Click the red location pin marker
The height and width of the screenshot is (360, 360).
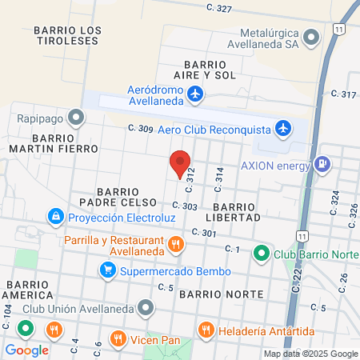click(x=180, y=162)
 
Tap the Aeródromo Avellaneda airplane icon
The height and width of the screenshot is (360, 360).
click(x=195, y=95)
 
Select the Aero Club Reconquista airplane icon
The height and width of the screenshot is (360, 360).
click(x=282, y=128)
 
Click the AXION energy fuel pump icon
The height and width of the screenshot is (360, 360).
click(x=322, y=165)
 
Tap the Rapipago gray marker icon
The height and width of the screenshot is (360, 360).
click(x=76, y=119)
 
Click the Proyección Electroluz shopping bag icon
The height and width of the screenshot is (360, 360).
click(x=56, y=217)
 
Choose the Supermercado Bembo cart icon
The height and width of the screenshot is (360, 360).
click(x=106, y=270)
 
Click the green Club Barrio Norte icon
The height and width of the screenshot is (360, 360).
click(x=261, y=254)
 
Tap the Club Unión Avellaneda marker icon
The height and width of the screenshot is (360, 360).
click(x=145, y=307)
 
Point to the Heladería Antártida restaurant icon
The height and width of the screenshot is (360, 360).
click(x=206, y=329)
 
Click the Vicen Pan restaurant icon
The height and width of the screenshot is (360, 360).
click(x=118, y=337)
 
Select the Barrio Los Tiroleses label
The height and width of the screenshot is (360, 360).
click(x=68, y=36)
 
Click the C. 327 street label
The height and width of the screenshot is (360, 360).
click(x=218, y=9)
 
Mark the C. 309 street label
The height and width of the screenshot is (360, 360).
click(x=140, y=128)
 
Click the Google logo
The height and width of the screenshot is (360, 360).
click(x=27, y=350)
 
